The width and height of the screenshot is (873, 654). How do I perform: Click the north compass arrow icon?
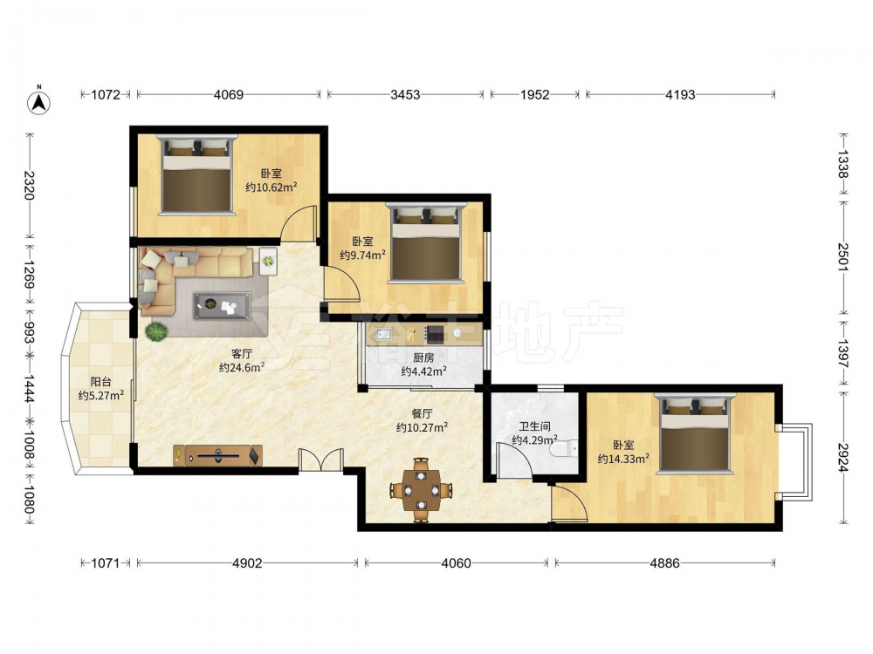point(39,101)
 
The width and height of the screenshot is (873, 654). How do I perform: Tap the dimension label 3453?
point(405,94)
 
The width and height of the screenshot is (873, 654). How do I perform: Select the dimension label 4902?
point(247,563)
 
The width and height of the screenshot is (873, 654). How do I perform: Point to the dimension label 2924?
point(843,457)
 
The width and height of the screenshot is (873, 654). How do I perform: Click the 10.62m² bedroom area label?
point(272,187)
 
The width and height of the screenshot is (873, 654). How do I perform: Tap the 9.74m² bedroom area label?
point(363,255)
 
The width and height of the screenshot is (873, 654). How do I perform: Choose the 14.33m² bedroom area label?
point(623,459)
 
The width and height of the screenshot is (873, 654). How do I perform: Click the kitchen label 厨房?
point(423,358)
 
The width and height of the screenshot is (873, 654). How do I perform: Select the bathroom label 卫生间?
point(534,426)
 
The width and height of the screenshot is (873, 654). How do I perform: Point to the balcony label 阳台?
point(100,382)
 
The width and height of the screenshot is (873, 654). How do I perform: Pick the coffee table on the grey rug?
point(222,305)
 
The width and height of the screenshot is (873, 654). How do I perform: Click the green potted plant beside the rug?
point(156,332)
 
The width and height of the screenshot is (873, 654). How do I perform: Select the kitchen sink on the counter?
point(383,334)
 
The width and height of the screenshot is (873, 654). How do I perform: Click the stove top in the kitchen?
point(434,334)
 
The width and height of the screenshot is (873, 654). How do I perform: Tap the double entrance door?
point(320,460)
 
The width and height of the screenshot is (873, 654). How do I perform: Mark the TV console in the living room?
point(217,455)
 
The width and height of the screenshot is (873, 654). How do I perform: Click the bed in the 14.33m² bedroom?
point(695,433)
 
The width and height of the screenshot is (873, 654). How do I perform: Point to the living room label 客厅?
point(242,354)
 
